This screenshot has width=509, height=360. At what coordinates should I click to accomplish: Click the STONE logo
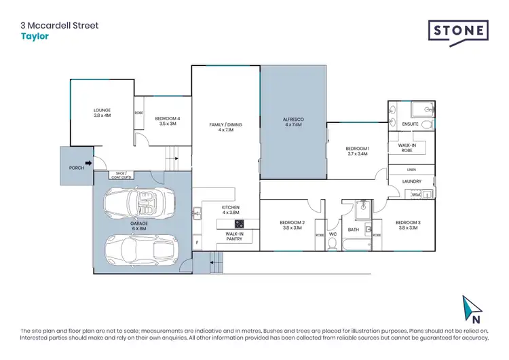point(458,31)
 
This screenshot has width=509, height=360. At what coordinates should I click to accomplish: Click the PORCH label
point(76,166)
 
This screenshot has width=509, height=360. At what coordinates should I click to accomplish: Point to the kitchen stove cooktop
point(239,223)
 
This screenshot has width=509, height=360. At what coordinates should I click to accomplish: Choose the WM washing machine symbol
point(416,195)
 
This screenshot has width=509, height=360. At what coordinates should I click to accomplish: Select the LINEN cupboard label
point(411,169)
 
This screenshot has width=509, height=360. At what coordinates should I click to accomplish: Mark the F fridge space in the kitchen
point(197,242)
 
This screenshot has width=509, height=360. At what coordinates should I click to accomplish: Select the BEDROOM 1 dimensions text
point(357,154)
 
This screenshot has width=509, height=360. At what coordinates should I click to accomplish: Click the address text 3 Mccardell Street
point(59,26)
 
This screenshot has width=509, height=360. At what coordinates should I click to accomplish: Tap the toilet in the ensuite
point(427,125)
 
